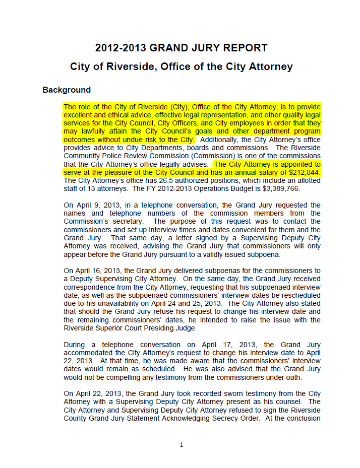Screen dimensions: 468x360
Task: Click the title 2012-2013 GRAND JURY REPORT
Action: click(181, 48)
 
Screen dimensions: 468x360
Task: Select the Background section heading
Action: click(67, 90)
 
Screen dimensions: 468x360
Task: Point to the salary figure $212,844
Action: click(303, 173)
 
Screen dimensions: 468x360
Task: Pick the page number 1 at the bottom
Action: click(181, 444)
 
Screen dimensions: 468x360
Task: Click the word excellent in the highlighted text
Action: click(81, 115)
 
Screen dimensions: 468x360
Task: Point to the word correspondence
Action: click(89, 287)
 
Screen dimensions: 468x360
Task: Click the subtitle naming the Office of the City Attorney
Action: click(181, 67)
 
